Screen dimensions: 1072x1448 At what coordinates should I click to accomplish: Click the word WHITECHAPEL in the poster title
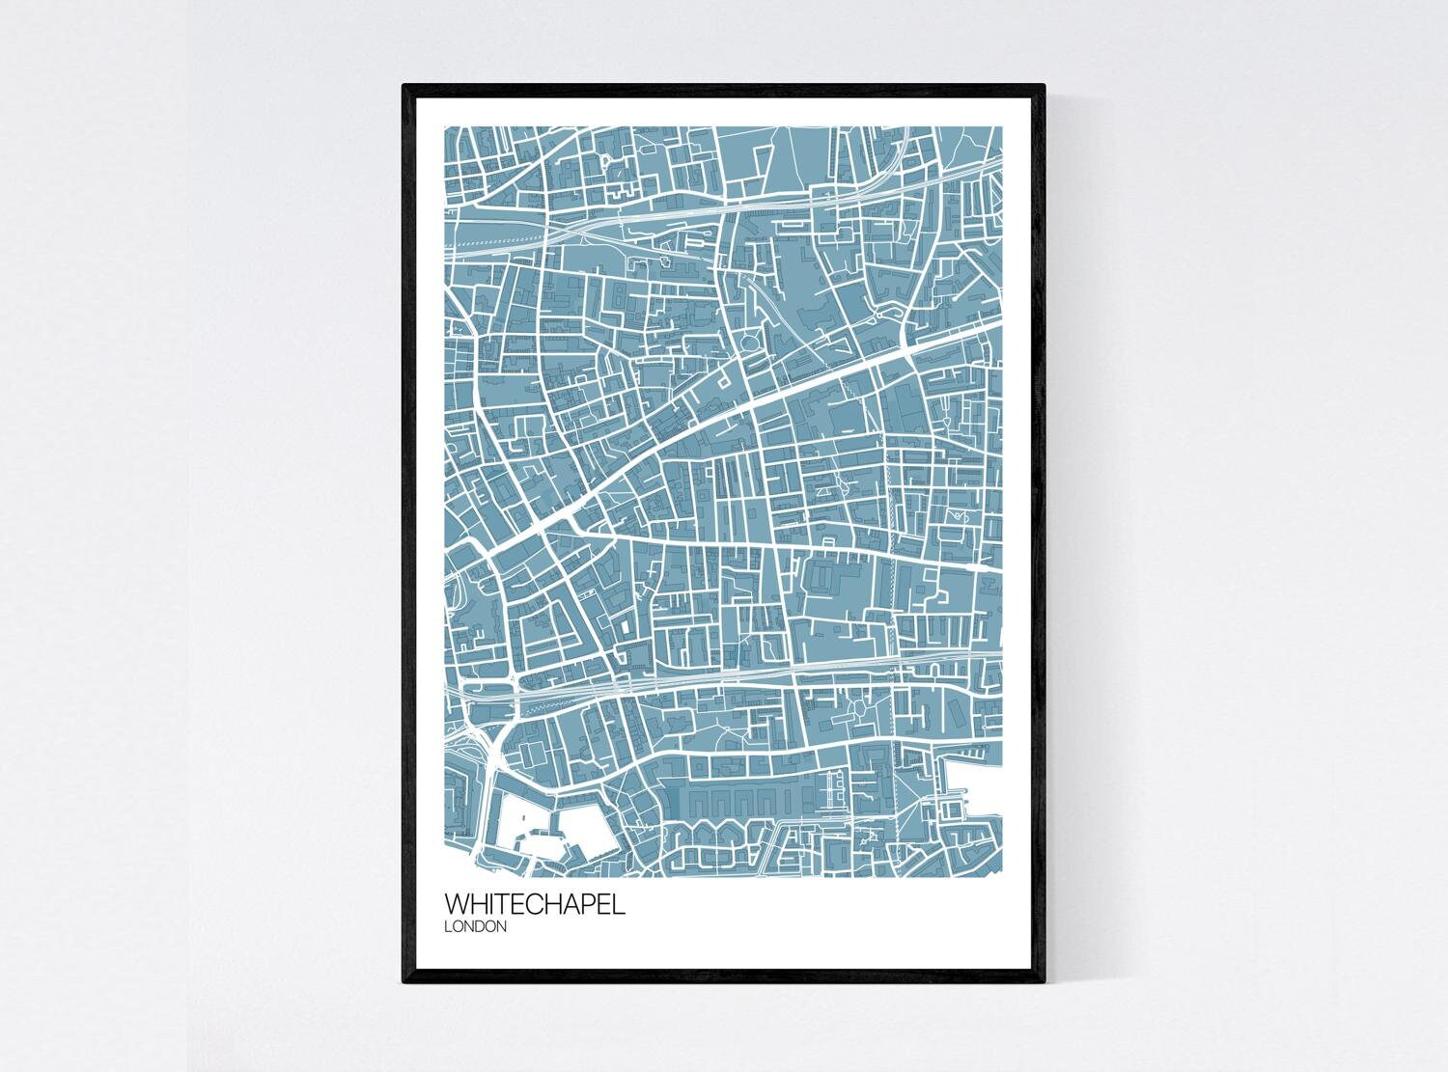tap(534, 906)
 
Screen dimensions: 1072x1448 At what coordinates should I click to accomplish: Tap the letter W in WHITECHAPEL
tap(458, 906)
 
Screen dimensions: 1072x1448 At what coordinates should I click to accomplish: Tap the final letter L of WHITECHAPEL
tap(619, 906)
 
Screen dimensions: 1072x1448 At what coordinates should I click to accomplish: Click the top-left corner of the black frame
tap(404, 86)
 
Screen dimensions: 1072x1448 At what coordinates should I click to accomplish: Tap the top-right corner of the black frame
tap(1044, 86)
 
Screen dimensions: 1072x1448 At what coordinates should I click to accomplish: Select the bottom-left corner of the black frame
tap(404, 982)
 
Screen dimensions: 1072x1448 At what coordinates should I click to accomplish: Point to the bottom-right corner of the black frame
tap(1044, 982)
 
